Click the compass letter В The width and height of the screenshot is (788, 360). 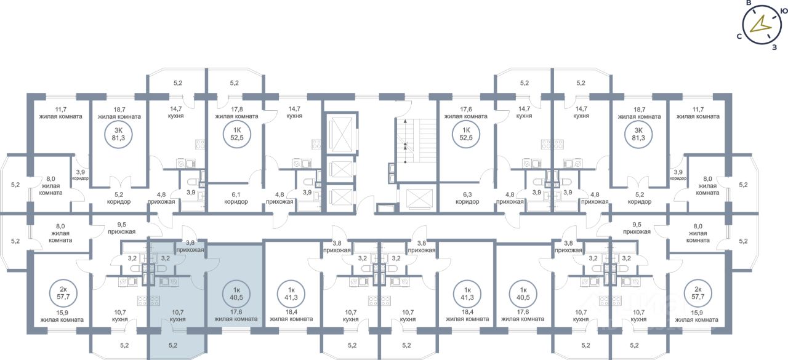(x=749, y=3)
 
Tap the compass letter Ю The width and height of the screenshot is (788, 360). (x=783, y=10)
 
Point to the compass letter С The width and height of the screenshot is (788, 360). (x=738, y=36)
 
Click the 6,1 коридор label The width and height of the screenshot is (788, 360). (x=236, y=197)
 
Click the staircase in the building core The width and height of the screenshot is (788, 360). (x=406, y=142)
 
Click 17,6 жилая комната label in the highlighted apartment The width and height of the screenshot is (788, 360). (x=235, y=316)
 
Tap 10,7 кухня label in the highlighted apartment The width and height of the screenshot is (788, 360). (x=177, y=316)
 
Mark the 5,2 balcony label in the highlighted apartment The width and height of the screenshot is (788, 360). (x=173, y=345)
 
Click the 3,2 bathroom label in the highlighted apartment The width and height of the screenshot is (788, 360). (x=165, y=258)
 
